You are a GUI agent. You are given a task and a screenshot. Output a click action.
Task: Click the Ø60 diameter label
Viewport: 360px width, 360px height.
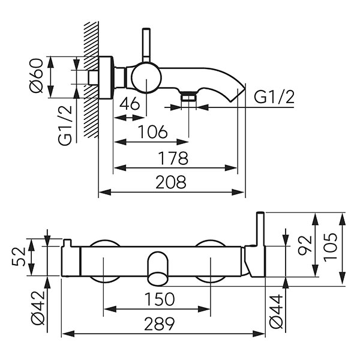(37, 76)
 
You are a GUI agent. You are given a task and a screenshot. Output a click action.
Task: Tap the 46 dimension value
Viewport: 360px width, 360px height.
(130, 103)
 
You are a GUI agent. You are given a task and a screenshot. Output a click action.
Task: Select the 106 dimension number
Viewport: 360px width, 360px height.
(153, 131)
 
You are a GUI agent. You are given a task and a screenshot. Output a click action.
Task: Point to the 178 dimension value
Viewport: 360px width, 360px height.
(173, 158)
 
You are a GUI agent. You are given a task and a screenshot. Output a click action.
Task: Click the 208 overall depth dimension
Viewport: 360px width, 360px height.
(171, 182)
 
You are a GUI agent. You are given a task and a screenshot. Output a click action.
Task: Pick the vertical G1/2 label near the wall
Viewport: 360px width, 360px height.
(65, 125)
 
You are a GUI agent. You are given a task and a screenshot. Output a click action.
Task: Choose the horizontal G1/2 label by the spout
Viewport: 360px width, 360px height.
(274, 97)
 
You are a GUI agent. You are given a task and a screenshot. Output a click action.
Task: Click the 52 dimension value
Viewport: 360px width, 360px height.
(19, 256)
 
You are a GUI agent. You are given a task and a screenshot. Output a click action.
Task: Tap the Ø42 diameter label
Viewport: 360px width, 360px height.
(38, 308)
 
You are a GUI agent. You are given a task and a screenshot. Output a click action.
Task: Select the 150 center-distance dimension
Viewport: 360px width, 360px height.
(160, 299)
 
